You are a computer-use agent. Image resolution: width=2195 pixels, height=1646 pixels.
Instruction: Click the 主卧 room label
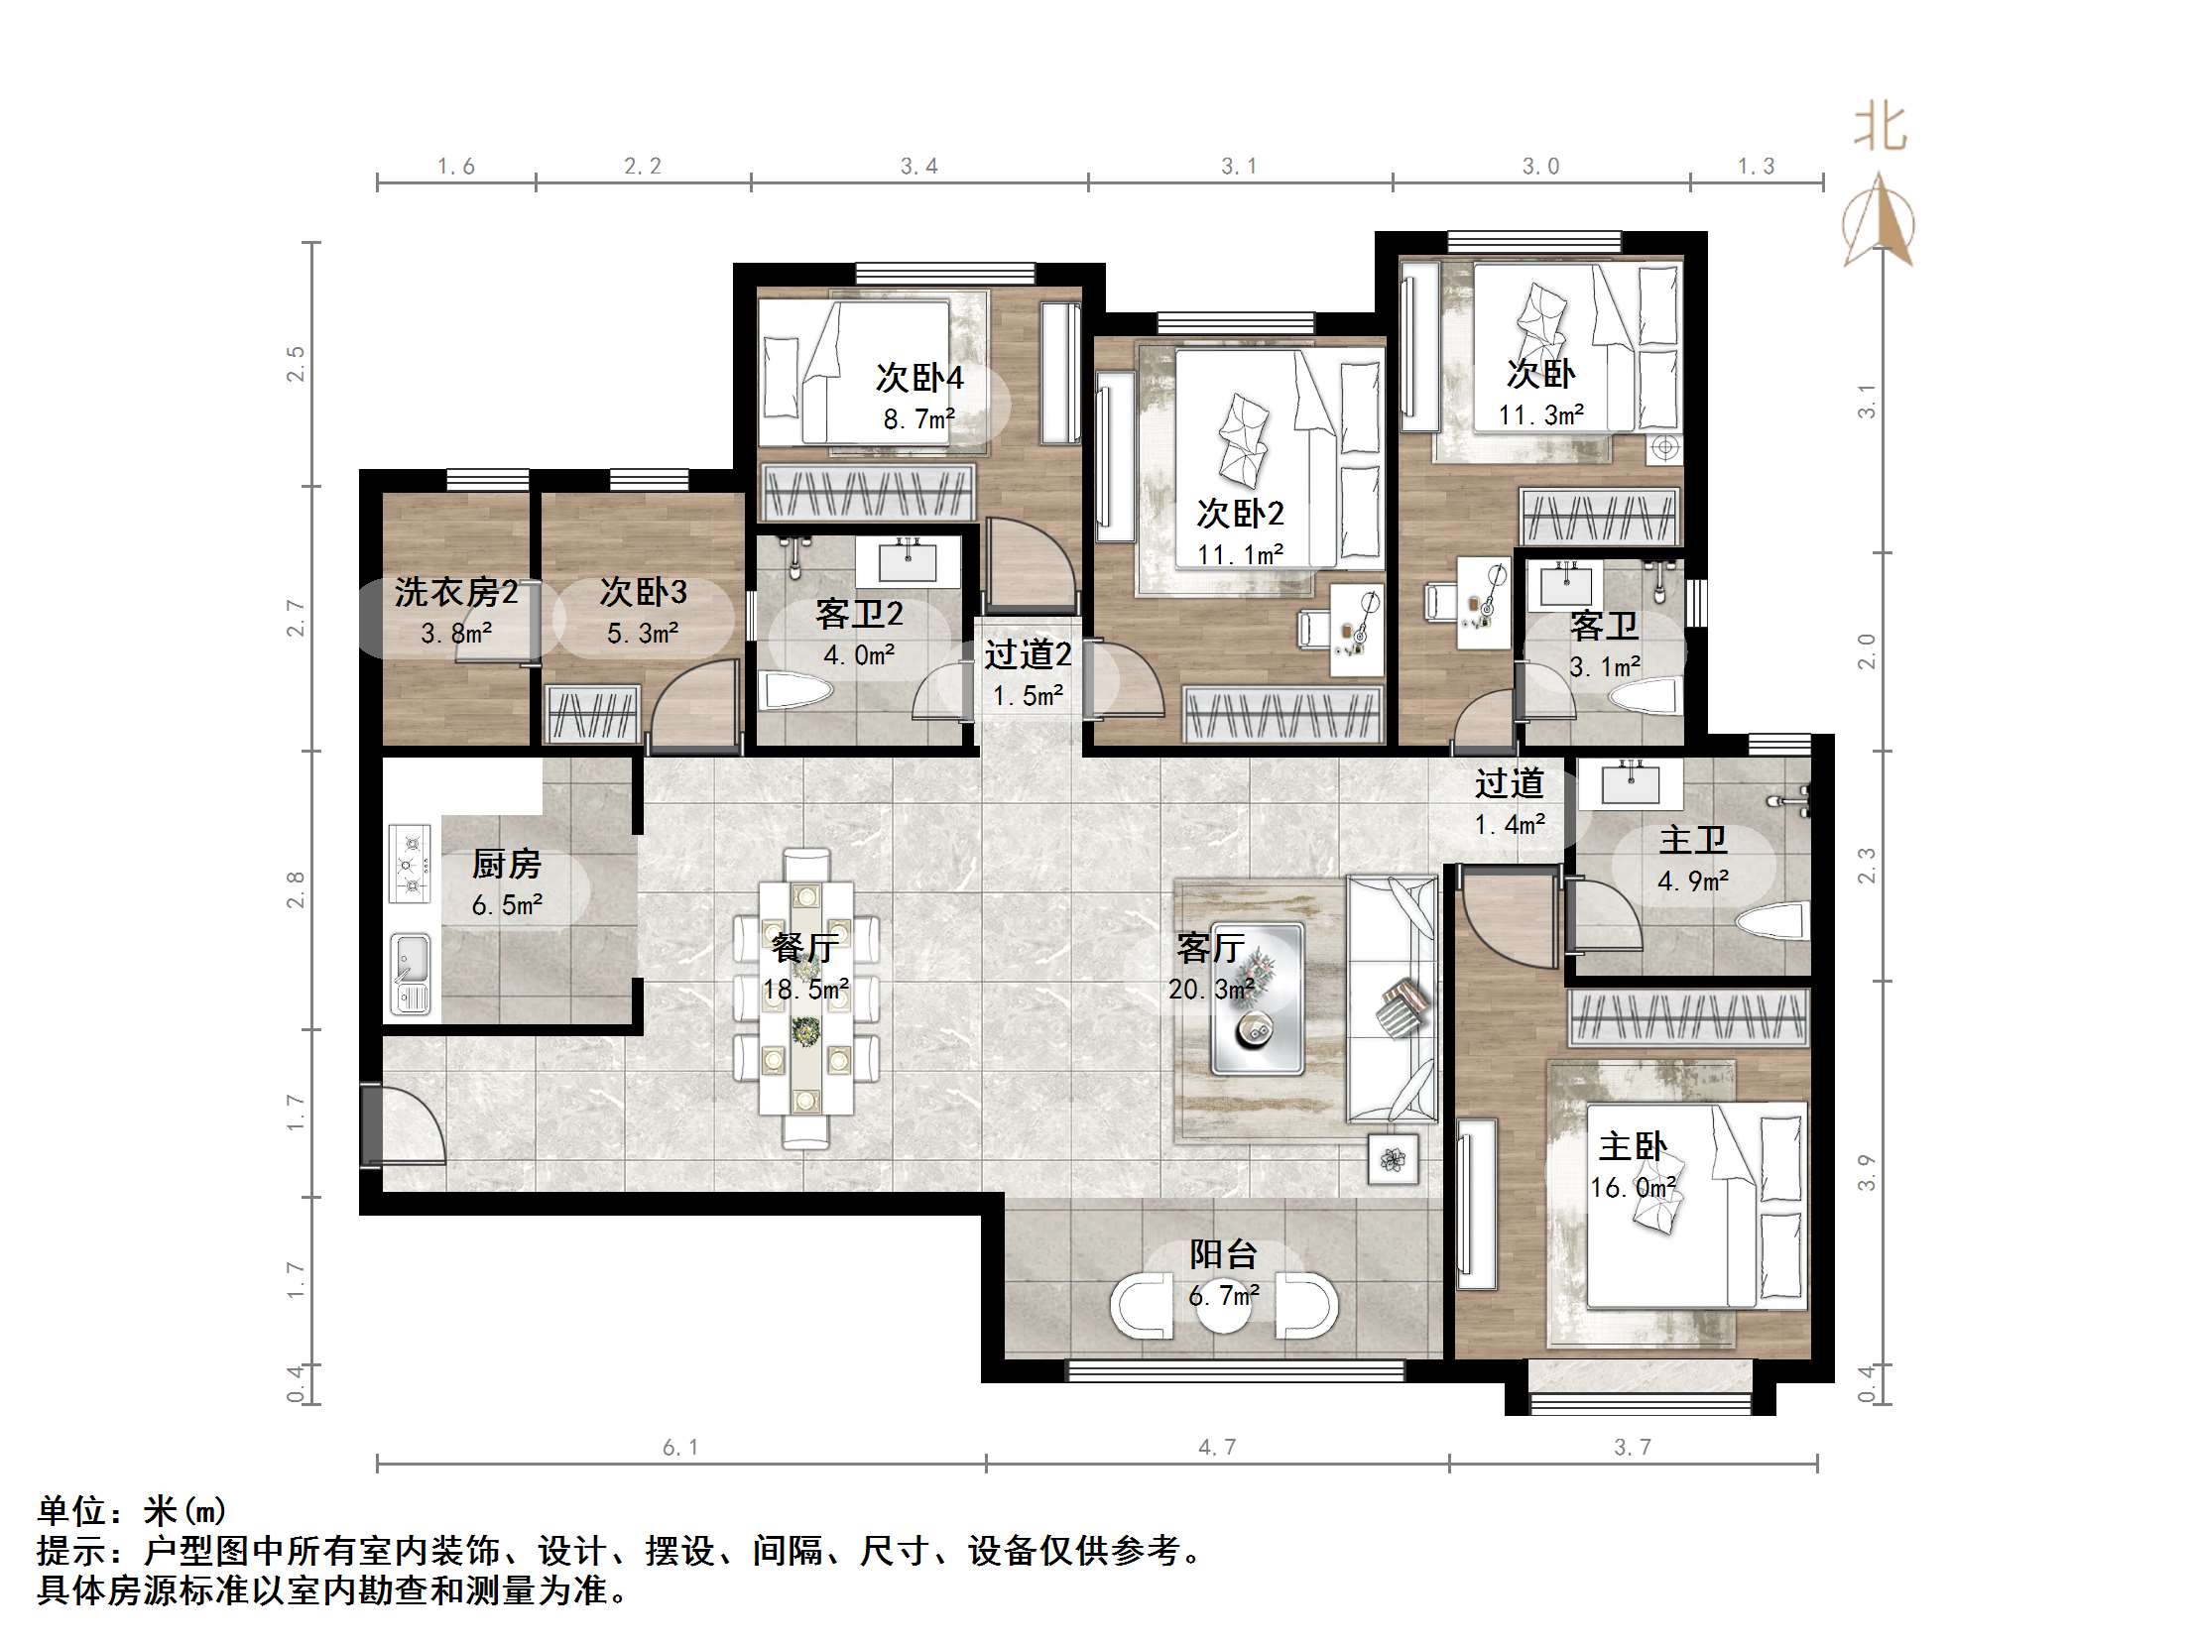[1633, 1147]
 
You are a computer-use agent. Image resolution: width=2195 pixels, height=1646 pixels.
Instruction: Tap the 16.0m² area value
[1634, 1188]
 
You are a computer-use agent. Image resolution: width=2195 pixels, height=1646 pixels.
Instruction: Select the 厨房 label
[506, 865]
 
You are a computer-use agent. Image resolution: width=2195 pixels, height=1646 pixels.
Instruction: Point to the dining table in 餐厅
[805, 999]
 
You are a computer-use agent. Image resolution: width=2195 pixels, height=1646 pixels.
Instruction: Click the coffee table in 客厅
[1257, 999]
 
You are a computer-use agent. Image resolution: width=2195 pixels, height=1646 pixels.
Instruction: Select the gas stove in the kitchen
[410, 864]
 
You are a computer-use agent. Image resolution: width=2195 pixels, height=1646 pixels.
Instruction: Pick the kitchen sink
[410, 974]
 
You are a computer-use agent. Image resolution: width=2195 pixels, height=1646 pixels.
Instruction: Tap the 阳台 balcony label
[1224, 1255]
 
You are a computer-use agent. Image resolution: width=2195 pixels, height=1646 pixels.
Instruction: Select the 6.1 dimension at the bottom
[680, 1448]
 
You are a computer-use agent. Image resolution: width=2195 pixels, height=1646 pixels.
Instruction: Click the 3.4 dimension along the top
[918, 167]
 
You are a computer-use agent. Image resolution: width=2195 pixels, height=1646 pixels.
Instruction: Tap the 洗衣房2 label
[455, 592]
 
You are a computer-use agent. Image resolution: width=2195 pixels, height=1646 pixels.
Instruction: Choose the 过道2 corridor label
[1028, 654]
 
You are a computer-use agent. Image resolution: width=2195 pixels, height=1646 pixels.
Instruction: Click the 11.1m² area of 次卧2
[1241, 554]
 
